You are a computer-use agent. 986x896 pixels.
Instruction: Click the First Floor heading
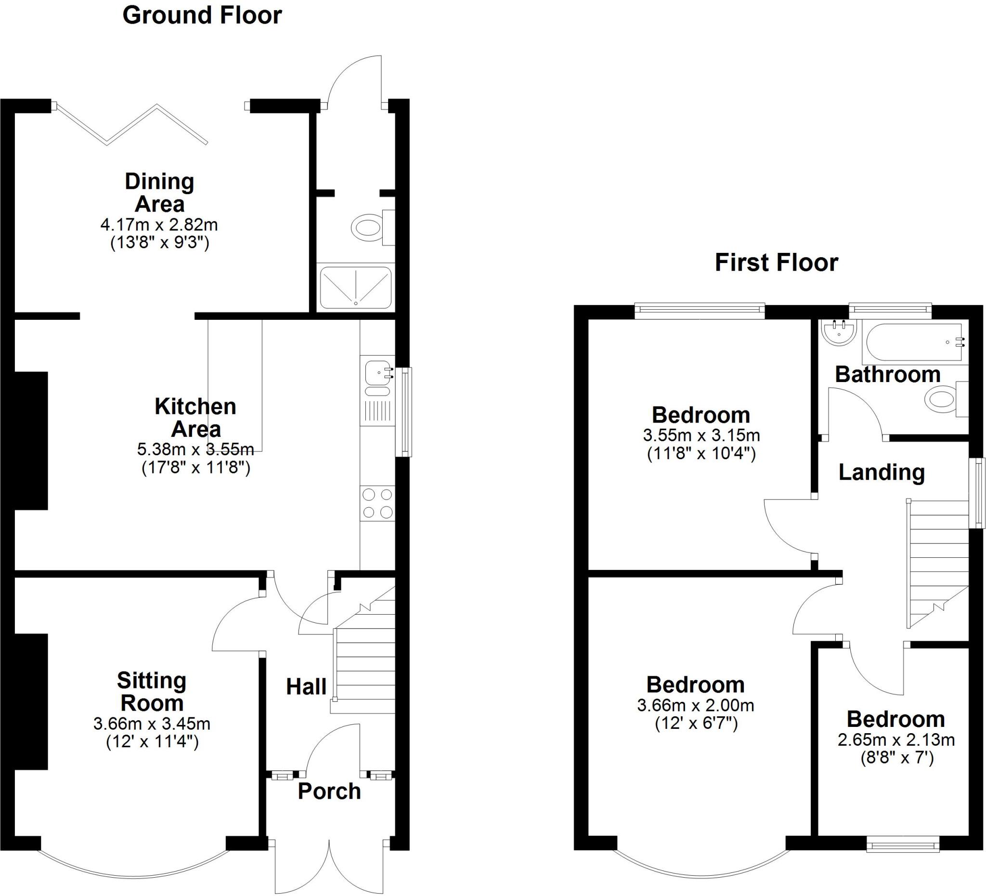point(776,263)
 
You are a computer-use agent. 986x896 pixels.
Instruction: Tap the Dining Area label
point(159,193)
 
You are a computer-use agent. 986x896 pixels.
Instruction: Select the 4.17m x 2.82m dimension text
point(159,225)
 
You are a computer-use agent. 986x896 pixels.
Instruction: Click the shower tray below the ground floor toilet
point(356,288)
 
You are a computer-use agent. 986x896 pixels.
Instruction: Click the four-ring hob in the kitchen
point(377,503)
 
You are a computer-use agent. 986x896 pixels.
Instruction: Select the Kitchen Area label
point(195,418)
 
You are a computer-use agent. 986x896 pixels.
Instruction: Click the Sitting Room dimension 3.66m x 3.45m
point(152,723)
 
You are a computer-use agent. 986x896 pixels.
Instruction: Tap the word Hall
point(306,687)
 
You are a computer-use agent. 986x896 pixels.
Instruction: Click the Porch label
point(329,791)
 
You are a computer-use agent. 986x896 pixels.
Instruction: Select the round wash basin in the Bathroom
point(839,333)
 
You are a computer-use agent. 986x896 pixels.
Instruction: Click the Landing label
point(882,473)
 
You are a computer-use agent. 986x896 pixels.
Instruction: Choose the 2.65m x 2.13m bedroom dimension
point(896,740)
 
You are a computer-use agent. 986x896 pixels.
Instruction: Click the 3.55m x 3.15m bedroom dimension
point(701,435)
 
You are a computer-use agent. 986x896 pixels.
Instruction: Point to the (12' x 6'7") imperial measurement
point(696,723)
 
